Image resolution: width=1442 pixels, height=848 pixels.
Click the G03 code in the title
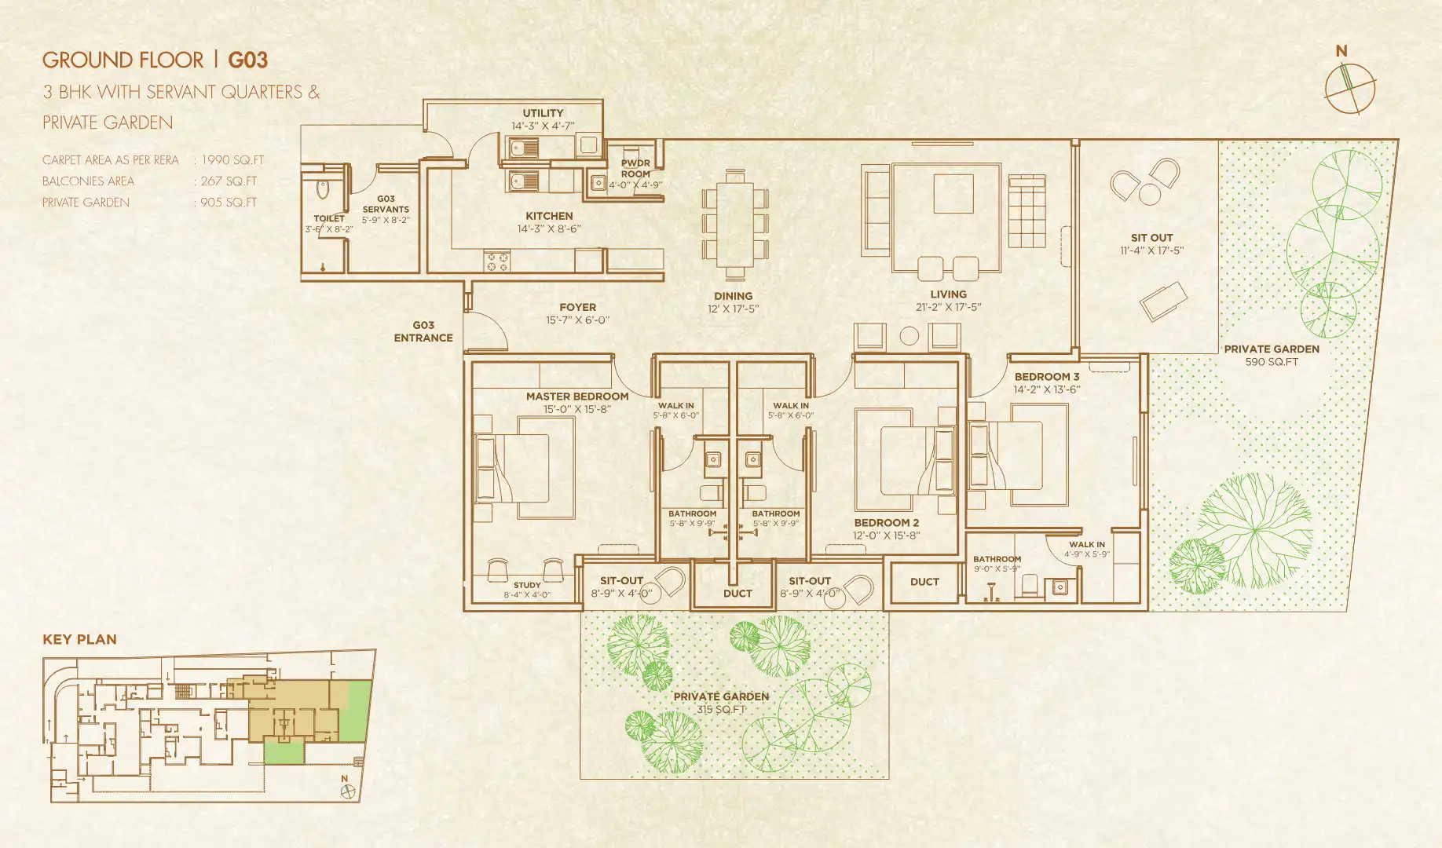pos(247,60)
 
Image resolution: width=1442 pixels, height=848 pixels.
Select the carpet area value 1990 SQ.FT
pos(232,159)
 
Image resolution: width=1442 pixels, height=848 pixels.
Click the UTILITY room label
pos(543,113)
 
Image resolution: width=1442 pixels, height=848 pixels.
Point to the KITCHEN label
pos(549,216)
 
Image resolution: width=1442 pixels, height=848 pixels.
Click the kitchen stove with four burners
pos(497,261)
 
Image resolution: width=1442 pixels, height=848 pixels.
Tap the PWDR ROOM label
pos(635,168)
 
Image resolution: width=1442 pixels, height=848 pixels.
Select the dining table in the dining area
pos(735,225)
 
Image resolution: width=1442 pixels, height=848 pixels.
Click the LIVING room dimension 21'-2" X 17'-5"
pos(948,307)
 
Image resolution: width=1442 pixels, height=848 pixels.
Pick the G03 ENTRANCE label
pos(423,331)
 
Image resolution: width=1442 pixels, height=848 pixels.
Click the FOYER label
pos(577,307)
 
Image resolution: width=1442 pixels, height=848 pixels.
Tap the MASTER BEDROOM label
pos(577,397)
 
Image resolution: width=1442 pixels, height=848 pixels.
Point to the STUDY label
pos(527,585)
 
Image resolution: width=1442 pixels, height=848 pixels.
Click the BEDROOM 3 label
pos(1046,377)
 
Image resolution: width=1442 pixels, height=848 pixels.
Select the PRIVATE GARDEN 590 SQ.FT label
pos(1272,355)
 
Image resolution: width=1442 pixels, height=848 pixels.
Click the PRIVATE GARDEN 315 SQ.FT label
pos(721,702)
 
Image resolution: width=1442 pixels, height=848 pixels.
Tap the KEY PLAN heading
pos(79,639)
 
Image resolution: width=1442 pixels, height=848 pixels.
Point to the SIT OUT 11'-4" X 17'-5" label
pos(1151,243)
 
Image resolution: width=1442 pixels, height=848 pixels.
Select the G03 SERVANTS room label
pos(386,204)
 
